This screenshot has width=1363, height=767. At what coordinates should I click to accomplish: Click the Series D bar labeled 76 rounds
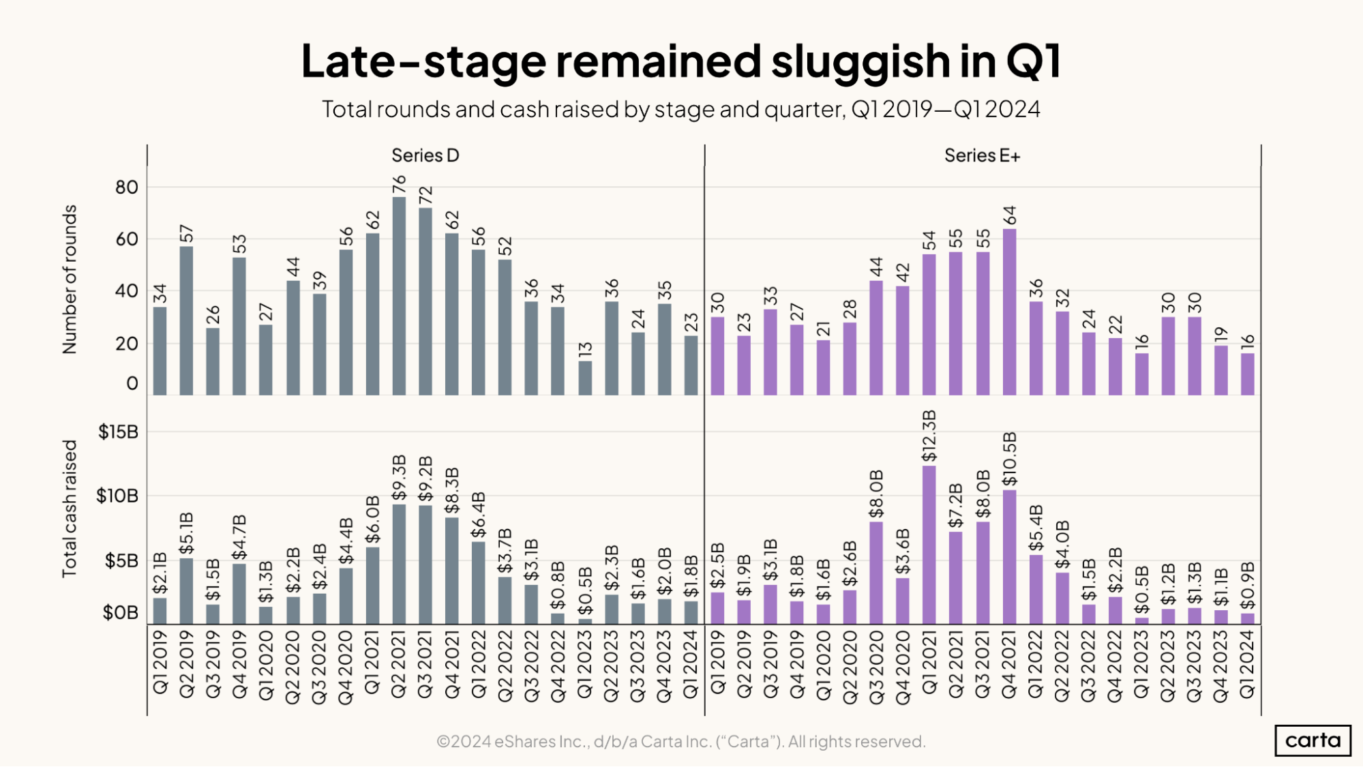pyautogui.click(x=399, y=297)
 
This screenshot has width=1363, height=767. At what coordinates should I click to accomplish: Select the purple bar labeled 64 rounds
pyautogui.click(x=1009, y=312)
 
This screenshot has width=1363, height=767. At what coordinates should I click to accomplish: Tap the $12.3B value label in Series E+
pyautogui.click(x=929, y=436)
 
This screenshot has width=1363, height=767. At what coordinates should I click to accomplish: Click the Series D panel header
pyautogui.click(x=425, y=155)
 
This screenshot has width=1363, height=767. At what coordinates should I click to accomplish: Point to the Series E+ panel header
pyautogui.click(x=982, y=155)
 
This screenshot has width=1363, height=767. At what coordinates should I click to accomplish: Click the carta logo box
pyautogui.click(x=1313, y=740)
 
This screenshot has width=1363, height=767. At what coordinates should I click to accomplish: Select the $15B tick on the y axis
pyautogui.click(x=118, y=432)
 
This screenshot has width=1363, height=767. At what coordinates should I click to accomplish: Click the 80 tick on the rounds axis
pyautogui.click(x=126, y=187)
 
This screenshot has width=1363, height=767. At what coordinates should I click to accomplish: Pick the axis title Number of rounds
pyautogui.click(x=70, y=280)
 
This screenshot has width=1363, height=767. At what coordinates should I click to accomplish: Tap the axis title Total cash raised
pyautogui.click(x=70, y=509)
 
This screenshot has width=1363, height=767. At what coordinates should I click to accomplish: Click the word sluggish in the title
pyautogui.click(x=860, y=61)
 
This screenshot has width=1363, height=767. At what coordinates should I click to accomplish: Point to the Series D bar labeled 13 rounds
pyautogui.click(x=585, y=378)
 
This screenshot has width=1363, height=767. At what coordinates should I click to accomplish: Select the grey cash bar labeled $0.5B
pyautogui.click(x=585, y=621)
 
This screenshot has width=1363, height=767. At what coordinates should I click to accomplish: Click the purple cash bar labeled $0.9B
pyautogui.click(x=1247, y=618)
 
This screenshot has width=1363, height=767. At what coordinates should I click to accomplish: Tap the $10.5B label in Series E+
pyautogui.click(x=1009, y=459)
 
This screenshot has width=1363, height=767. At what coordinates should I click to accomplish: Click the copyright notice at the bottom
pyautogui.click(x=680, y=741)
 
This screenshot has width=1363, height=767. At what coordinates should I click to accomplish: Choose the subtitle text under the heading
pyautogui.click(x=680, y=109)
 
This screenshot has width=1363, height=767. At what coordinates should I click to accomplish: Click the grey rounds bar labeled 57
pyautogui.click(x=186, y=320)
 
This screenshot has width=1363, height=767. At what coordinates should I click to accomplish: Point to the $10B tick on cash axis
pyautogui.click(x=117, y=496)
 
